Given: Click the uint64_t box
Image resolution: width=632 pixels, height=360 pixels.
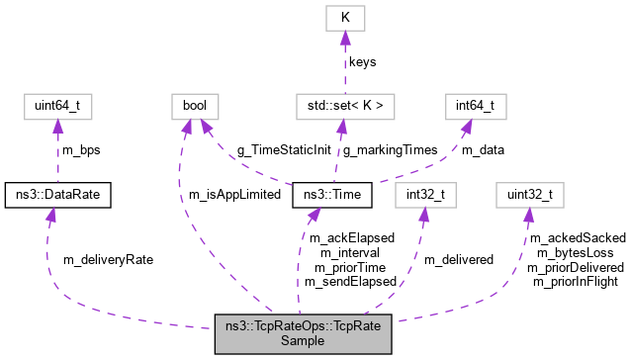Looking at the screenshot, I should (58, 104).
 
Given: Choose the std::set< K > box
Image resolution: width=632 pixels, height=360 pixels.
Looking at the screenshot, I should (344, 104).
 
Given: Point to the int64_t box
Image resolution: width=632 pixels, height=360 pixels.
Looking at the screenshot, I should (476, 104).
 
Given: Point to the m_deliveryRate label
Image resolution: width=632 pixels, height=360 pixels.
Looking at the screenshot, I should (108, 259).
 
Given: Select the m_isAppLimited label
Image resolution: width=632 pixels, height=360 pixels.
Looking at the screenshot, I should (233, 196).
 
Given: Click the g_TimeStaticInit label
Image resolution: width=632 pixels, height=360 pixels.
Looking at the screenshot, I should (282, 149).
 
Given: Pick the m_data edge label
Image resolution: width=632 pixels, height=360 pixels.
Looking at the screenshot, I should (482, 149).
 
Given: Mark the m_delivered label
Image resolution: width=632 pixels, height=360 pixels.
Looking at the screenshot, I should (459, 259).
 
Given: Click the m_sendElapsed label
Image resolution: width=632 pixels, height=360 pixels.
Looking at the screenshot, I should (350, 282).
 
